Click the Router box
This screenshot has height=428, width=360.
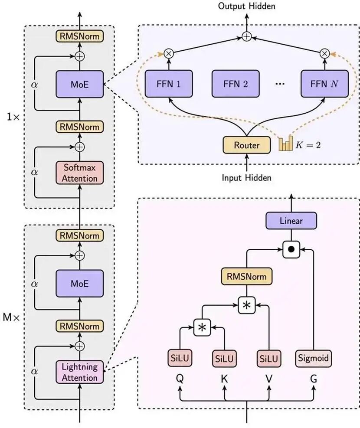[x=246, y=145]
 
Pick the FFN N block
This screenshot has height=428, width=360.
[x=325, y=84]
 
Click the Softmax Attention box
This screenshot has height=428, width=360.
[x=79, y=172]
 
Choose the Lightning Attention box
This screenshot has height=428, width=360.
[x=79, y=372]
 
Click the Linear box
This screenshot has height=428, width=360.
[x=291, y=221]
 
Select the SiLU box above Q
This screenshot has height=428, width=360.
[x=179, y=358]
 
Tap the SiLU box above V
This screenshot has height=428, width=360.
[x=269, y=358]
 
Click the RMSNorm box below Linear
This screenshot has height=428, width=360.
[x=246, y=276]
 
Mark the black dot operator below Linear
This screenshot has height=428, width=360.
[x=291, y=249]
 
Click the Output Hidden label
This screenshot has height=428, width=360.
[x=247, y=6]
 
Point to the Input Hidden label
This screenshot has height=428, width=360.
[x=246, y=177]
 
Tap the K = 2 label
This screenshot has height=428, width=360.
[x=308, y=145]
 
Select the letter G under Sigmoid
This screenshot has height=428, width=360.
[x=313, y=379]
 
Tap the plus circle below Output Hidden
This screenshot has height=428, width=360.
[x=246, y=37]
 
